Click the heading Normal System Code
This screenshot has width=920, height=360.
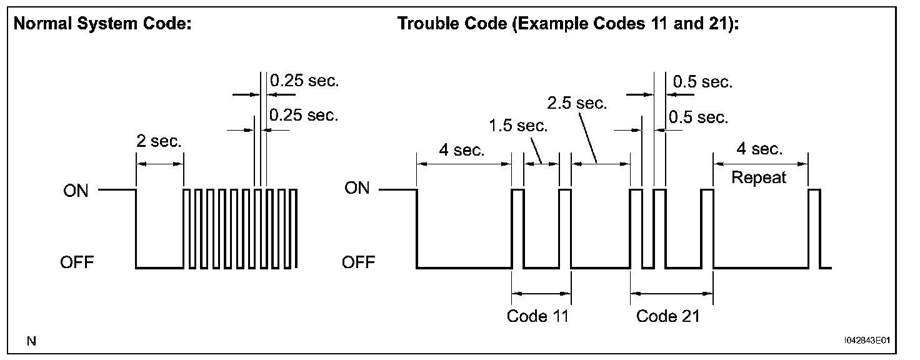coord(102,24)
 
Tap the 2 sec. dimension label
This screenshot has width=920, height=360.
coord(159,141)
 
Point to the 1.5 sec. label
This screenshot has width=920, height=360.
coord(518,126)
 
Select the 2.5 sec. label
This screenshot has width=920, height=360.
coord(576,102)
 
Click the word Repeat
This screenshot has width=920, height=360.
coord(759,177)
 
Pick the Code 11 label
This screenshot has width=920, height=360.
coord(538,316)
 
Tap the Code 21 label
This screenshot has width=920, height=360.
coord(667,316)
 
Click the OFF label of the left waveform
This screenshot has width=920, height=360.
coord(76,262)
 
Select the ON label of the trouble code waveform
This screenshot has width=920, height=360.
coord(357,187)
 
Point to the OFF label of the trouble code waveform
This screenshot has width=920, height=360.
coord(358,262)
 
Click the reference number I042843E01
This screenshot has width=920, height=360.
coord(866,341)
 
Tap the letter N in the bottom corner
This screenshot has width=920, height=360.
coord(31,341)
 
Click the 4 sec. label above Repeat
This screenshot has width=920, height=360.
coord(759,149)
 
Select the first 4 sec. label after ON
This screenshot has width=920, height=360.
coord(461,151)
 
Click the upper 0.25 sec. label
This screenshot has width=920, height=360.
coord(304,81)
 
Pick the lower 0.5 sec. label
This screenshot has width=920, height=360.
coord(698,117)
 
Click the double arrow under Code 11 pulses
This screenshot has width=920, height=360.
coord(541,292)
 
